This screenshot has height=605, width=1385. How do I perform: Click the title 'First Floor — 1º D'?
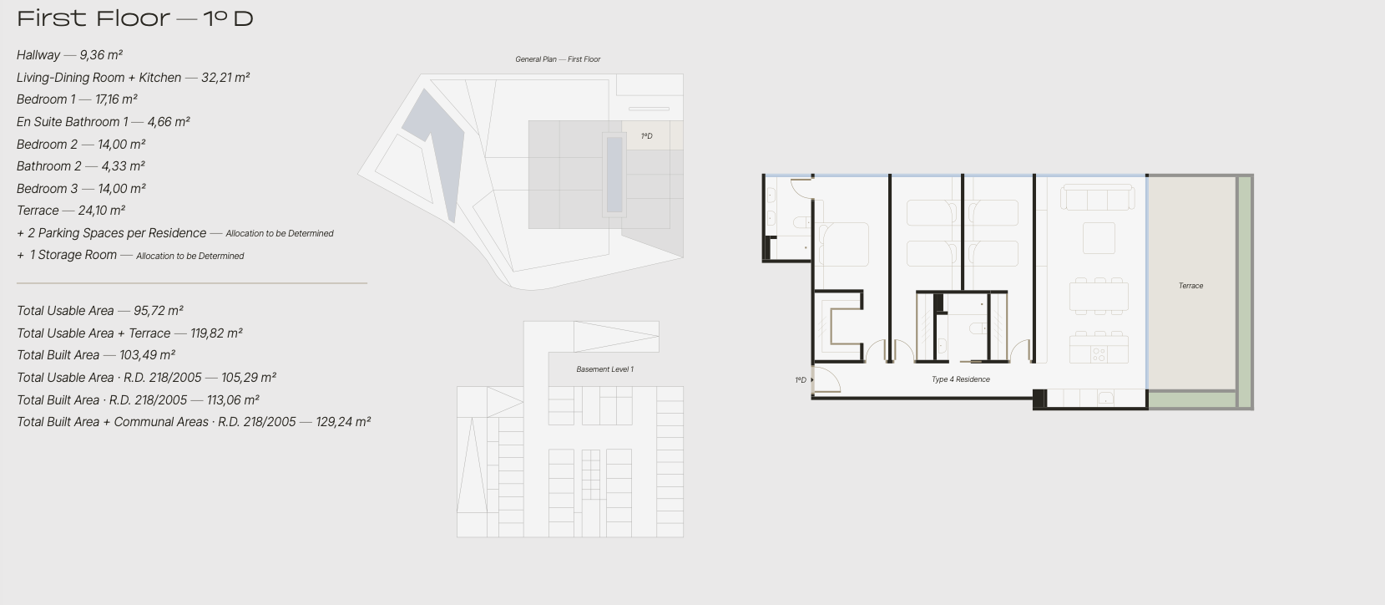tap(134, 18)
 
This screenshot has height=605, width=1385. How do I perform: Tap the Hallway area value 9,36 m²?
tap(101, 55)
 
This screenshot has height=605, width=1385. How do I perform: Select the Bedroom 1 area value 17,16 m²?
tap(116, 99)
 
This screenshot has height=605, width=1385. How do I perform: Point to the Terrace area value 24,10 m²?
tap(101, 211)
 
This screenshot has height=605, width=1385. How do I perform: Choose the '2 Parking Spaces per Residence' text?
tap(117, 233)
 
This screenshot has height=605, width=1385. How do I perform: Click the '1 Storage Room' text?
tap(73, 255)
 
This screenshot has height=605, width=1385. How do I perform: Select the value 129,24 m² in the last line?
tap(343, 422)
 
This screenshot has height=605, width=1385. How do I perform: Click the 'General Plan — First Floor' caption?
tap(558, 59)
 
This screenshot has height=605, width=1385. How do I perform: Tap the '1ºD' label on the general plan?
tap(647, 136)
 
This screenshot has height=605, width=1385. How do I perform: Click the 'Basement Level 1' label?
tap(604, 369)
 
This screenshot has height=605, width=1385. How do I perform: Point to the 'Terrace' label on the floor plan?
tap(1190, 286)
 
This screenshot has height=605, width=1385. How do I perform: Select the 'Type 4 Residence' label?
tap(961, 379)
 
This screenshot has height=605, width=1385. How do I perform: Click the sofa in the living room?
tap(1098, 198)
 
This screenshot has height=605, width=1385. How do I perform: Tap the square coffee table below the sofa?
tap(1099, 238)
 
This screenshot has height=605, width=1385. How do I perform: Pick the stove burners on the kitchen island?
tap(1099, 354)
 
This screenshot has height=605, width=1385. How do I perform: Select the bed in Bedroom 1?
tap(843, 244)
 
